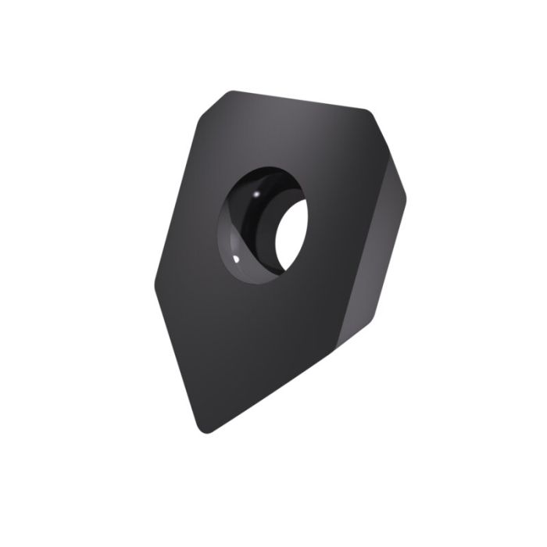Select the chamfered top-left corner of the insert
point(205,109)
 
